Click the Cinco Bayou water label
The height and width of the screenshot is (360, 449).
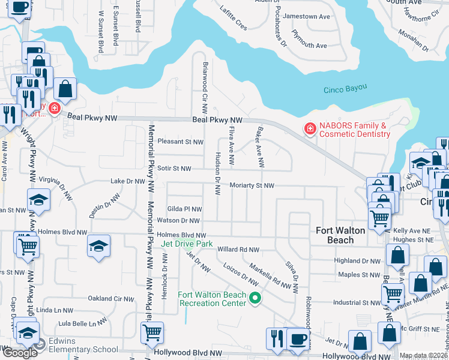[346, 89]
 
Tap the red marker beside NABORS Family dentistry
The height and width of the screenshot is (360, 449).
[310, 128]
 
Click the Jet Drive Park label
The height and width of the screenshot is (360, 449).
[187, 244]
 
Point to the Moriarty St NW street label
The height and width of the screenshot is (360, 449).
[252, 186]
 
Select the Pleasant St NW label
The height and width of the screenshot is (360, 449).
[180, 142]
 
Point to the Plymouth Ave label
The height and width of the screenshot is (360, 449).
[309, 46]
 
